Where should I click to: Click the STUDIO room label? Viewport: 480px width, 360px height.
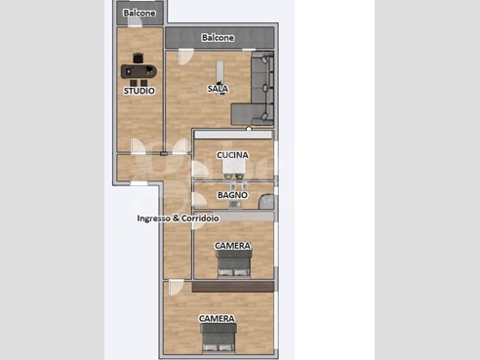(x=140, y=91)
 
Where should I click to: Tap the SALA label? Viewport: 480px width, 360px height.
(x=218, y=89)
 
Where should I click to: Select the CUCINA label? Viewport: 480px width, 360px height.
(x=232, y=155)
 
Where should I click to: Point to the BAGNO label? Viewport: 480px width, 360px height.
(x=232, y=195)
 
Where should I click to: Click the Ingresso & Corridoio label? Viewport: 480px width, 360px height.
(x=178, y=219)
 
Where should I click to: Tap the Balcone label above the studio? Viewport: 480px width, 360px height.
(x=140, y=13)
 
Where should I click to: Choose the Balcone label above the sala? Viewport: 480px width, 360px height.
(x=218, y=38)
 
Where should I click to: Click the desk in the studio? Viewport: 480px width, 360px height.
(x=139, y=71)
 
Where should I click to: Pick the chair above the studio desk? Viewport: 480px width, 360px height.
(x=139, y=58)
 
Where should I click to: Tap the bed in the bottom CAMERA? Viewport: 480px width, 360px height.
(x=218, y=339)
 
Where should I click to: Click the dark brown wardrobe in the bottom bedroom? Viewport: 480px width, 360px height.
(x=233, y=287)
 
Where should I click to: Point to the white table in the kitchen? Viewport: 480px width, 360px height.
(x=233, y=167)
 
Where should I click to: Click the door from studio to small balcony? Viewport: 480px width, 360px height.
(x=135, y=21)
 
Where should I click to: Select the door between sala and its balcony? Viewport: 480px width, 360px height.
(x=185, y=57)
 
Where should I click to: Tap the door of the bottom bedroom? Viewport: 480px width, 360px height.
(x=176, y=287)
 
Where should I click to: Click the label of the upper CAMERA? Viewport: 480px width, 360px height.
(x=233, y=246)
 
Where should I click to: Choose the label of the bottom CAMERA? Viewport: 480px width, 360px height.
(x=217, y=318)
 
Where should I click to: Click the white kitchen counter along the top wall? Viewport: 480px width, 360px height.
(x=233, y=135)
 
